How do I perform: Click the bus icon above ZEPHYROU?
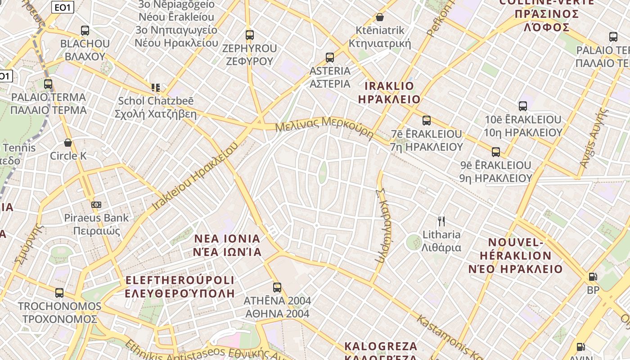[x=249, y=35]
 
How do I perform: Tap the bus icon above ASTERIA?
[x=330, y=57]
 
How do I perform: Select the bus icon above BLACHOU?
[x=85, y=31]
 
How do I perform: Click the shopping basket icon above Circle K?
[x=68, y=143]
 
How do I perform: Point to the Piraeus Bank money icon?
[x=96, y=205]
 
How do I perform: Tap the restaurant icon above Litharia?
[x=441, y=221]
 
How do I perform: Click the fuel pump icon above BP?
[x=593, y=277]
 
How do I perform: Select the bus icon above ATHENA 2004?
[x=277, y=287]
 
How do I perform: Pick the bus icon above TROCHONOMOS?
[x=59, y=293]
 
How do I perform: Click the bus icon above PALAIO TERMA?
[x=48, y=84]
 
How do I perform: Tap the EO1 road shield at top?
[x=63, y=8]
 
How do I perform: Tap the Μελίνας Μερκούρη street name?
[x=324, y=126]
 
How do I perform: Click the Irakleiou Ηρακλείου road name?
[x=195, y=176]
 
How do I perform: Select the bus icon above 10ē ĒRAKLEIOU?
[x=522, y=106]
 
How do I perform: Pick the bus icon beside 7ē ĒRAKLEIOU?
[x=427, y=121]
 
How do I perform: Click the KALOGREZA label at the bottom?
[x=381, y=346]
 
